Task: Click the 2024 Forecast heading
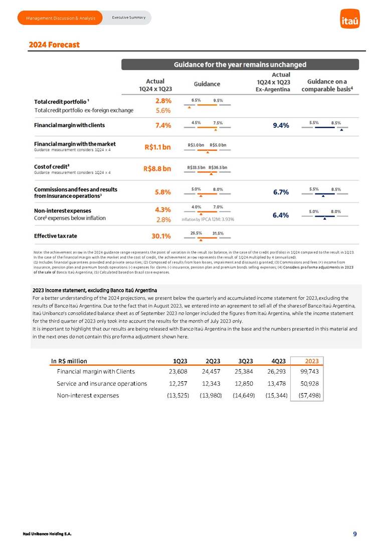[x=54, y=45]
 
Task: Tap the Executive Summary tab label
[x=128, y=18]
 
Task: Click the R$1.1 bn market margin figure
[x=157, y=147]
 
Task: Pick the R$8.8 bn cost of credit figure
[x=157, y=169]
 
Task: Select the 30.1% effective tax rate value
[x=161, y=235]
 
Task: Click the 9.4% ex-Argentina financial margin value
[x=281, y=126]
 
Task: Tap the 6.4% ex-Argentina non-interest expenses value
[x=281, y=215]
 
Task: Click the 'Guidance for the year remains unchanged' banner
[x=240, y=65]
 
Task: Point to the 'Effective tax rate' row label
[x=55, y=235]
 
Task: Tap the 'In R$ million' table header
[x=69, y=361]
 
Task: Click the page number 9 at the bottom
[x=355, y=534]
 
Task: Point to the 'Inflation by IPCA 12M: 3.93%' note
[x=208, y=219]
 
